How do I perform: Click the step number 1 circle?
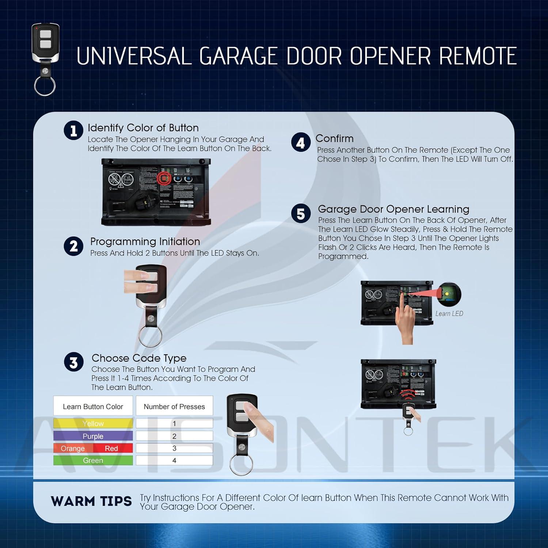[x=73, y=130]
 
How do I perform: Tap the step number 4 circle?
[x=301, y=142]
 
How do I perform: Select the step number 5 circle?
[x=301, y=213]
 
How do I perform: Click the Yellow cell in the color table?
[x=93, y=423]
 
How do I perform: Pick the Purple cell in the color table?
[x=93, y=436]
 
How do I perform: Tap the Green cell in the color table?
[x=93, y=460]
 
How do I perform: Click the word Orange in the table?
[x=73, y=448]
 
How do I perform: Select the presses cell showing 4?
[x=174, y=460]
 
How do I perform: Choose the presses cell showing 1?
[x=174, y=423]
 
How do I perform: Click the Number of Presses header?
[x=174, y=406]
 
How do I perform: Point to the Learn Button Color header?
[x=93, y=406]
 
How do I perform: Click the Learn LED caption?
[x=449, y=313]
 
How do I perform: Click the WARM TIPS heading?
[x=91, y=501]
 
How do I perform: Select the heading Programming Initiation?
[x=145, y=241]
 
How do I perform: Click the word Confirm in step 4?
[x=334, y=138]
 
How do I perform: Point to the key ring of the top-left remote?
[x=45, y=87]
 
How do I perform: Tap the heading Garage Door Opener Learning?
[x=393, y=209]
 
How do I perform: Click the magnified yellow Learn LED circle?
[x=449, y=294]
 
